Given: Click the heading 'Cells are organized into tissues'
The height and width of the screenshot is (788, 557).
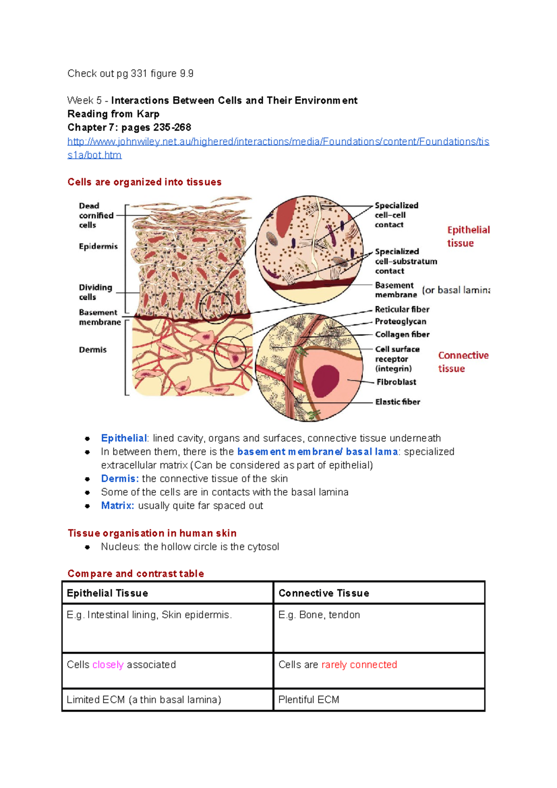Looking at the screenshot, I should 144,182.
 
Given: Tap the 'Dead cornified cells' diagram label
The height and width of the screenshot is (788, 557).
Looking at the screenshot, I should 96,215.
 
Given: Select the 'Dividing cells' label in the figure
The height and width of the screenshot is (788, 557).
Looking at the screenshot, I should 95,292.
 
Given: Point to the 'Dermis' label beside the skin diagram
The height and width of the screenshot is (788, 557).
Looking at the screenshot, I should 92,349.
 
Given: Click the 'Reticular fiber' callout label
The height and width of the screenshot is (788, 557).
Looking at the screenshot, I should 402,309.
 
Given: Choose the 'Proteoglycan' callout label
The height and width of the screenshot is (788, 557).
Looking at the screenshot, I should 400,321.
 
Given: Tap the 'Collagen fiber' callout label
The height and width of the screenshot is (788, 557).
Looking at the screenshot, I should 402,334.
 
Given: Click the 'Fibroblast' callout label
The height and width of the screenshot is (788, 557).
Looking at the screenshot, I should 396,382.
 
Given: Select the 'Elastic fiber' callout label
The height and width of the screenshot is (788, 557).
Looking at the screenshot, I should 397,402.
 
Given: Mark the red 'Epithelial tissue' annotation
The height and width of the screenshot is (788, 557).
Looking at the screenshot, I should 468,236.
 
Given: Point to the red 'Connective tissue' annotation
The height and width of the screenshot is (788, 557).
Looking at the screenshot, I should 463,362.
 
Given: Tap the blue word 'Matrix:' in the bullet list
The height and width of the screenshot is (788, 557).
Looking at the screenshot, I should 117,505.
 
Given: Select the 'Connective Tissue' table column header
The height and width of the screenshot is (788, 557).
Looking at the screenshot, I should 324,593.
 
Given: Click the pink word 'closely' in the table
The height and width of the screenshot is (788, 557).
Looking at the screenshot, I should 108,665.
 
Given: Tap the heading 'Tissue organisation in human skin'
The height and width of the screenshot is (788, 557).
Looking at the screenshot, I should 152,533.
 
